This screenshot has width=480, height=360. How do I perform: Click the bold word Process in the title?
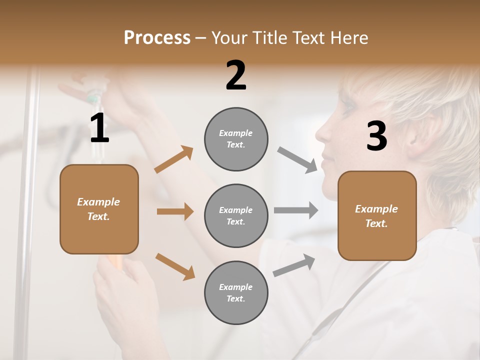(x=157, y=38)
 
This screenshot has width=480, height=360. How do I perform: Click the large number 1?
(x=99, y=128)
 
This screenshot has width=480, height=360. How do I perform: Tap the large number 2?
(x=236, y=75)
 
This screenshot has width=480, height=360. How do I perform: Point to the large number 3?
(x=376, y=136)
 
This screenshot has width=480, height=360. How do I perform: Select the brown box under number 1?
(x=99, y=209)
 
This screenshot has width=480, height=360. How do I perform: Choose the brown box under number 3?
(x=377, y=215)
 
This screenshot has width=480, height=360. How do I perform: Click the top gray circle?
(x=236, y=139)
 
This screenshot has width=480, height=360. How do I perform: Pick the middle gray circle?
(x=236, y=215)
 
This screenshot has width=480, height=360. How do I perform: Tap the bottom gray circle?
(x=236, y=292)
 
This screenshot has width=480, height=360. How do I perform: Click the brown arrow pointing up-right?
(x=174, y=159)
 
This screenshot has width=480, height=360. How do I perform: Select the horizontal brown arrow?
(x=175, y=211)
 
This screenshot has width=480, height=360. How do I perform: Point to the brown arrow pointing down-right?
(x=175, y=266)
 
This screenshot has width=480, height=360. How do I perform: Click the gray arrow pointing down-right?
(x=297, y=160)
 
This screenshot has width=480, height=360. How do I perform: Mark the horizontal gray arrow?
(x=296, y=210)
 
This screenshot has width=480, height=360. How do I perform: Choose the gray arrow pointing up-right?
(x=294, y=265)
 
